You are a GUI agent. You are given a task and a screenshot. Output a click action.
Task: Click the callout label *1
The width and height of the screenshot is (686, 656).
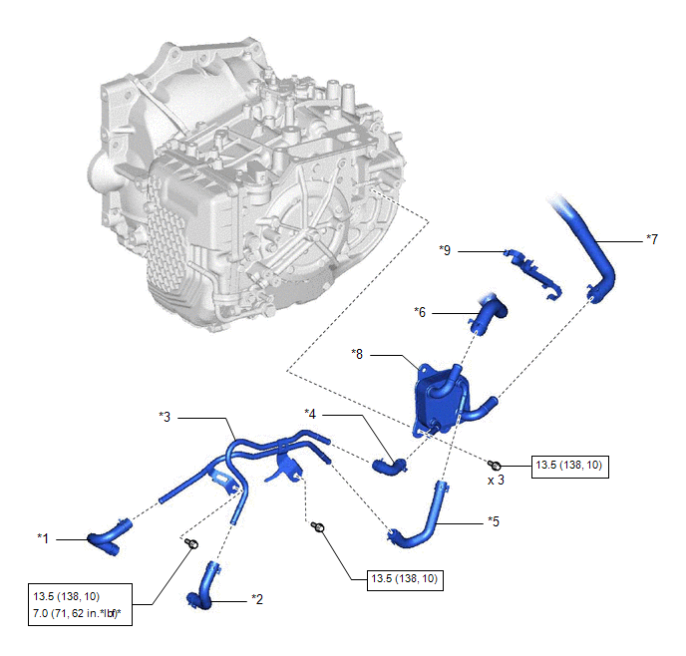pos(43,538)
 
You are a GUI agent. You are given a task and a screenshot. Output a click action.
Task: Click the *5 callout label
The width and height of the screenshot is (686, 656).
pos(493,520)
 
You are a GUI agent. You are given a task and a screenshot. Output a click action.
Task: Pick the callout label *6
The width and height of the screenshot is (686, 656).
pos(420,312)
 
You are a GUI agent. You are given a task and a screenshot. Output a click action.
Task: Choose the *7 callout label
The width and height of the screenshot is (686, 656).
pos(651,239)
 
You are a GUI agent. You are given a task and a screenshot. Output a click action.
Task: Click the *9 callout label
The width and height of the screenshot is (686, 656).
pos(447,251)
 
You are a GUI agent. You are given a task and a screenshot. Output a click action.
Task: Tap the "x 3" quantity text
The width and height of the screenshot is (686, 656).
pos(496,480)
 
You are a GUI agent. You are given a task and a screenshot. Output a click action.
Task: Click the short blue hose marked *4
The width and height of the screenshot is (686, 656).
pos(388,464)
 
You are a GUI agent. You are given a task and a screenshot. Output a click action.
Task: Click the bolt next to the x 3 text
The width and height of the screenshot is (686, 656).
pos(494,465)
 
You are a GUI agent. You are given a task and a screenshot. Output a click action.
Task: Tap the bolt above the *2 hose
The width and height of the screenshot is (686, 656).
pos(192,543)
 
